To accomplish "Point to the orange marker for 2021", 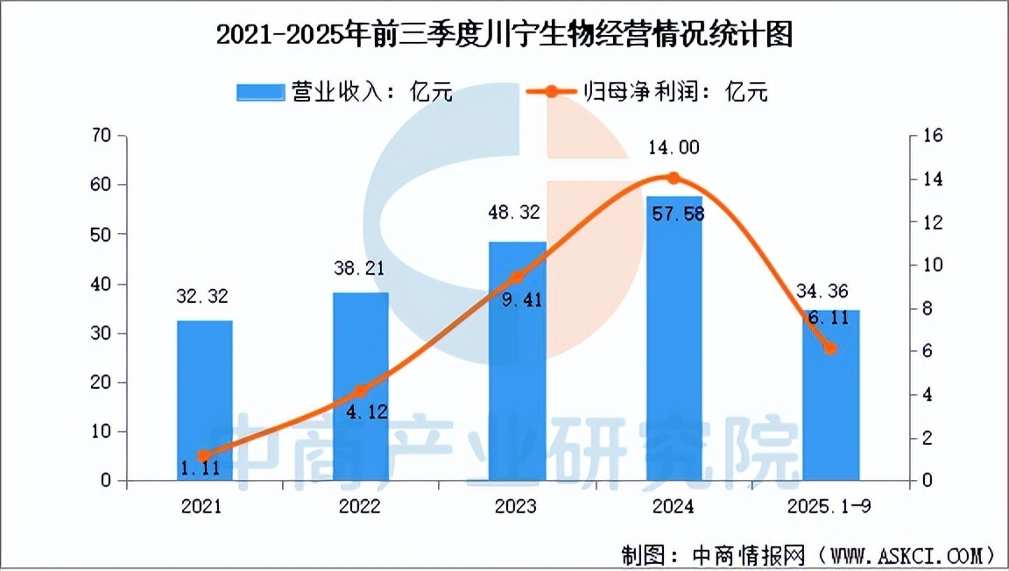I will coord(204,455).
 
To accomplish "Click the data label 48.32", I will coord(517,212).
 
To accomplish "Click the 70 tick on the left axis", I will coord(102,136).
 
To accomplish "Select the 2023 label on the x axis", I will coord(517,507).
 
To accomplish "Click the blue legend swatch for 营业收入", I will coord(260,91).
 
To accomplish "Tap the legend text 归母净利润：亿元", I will coord(674,91).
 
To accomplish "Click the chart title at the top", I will coord(504,36).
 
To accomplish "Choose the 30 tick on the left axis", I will coord(102,333).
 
